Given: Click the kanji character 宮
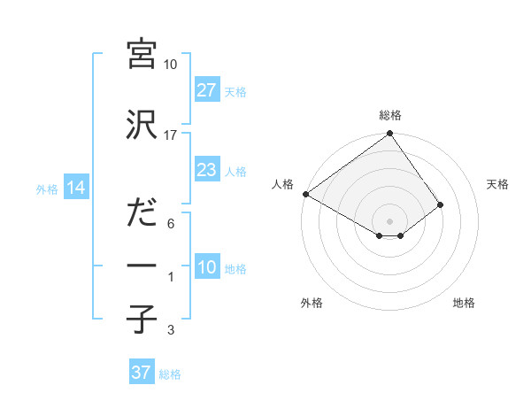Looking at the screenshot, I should [x=142, y=56].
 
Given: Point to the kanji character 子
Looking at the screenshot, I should [x=142, y=320].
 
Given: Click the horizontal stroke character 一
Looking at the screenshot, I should [x=142, y=266].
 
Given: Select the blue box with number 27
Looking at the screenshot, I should [x=207, y=90].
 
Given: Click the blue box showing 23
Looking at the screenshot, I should [x=207, y=170].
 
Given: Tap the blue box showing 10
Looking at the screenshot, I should [x=207, y=267].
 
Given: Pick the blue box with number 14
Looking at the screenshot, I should [x=75, y=188].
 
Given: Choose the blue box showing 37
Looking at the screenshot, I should [x=142, y=373].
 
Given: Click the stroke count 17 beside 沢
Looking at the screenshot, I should [x=171, y=135].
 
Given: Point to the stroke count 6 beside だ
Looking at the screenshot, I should [x=171, y=224].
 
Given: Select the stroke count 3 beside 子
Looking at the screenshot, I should [x=171, y=330].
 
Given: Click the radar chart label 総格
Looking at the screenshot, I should [x=390, y=115].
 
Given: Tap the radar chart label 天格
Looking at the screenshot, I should [x=497, y=184].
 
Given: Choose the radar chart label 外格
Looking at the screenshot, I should [x=312, y=303].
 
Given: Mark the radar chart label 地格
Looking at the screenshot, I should [x=464, y=303].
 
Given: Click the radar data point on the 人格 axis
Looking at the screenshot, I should [x=305, y=194].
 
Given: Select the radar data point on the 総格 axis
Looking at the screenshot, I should [x=390, y=135].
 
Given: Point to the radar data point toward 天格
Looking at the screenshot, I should [x=441, y=204].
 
